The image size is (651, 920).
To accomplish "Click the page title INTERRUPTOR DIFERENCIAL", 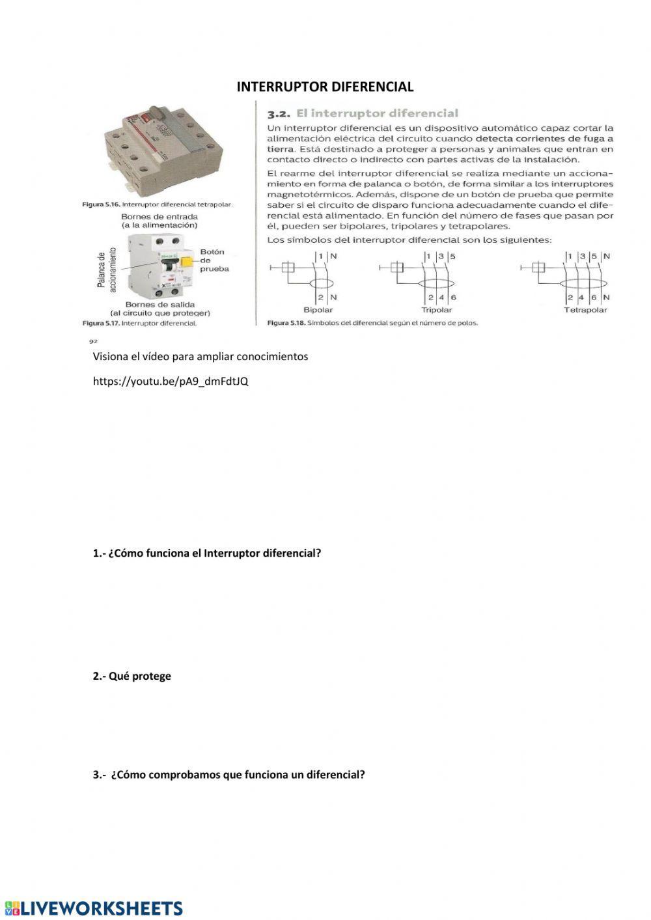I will [325, 87].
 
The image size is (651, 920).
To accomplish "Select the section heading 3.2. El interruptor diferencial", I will [363, 113].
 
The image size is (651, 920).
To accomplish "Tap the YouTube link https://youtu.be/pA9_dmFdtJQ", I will [171, 381].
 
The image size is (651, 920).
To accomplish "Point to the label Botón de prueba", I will [213, 260].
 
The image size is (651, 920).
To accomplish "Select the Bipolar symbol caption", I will [318, 310].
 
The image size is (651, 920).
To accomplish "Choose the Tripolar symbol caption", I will [436, 310].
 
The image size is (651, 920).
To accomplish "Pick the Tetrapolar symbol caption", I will [585, 310].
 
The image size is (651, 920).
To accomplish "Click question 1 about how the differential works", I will [207, 553].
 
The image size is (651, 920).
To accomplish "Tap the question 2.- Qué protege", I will [132, 676].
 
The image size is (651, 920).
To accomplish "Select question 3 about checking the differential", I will [229, 775].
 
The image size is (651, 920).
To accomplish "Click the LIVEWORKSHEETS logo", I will [94, 908].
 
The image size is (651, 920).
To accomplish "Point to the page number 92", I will [92, 341].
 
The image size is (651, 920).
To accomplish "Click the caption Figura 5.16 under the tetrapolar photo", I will [158, 204].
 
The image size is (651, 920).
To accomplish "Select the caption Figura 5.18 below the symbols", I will [372, 323].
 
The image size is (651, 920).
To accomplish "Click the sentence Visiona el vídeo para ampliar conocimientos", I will [201, 356].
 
